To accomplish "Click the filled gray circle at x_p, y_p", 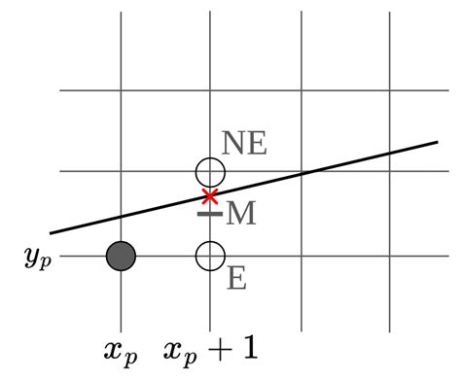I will click(x=121, y=256).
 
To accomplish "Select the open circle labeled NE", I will click(x=210, y=172).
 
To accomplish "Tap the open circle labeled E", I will click(x=210, y=256).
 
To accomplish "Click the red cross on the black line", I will click(x=210, y=196).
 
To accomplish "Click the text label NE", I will click(x=244, y=144).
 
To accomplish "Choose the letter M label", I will click(x=241, y=214).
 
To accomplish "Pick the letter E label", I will click(x=236, y=280).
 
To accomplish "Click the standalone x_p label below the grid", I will click(x=121, y=350).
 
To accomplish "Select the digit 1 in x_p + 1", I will click(x=248, y=347).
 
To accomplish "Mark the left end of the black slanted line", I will click(x=51, y=233).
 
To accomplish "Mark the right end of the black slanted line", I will click(x=437, y=143).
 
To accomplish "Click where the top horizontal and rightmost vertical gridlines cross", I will click(x=389, y=90).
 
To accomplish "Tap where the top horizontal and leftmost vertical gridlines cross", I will click(x=121, y=90).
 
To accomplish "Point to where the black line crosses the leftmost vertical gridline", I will click(x=121, y=217).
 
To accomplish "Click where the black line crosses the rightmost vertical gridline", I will click(x=389, y=155).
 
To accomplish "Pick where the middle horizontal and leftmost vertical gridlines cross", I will click(x=121, y=172).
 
